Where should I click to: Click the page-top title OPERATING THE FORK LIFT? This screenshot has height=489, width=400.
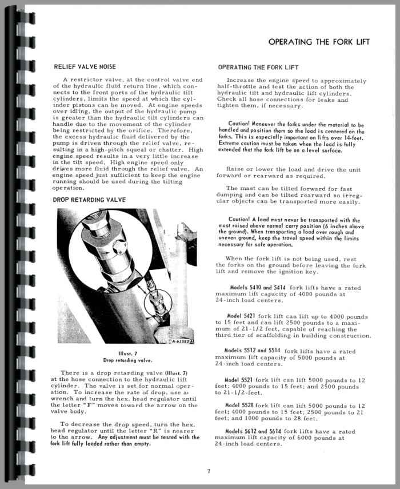pos(319,42)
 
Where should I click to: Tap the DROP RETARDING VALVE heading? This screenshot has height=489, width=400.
pos(89,200)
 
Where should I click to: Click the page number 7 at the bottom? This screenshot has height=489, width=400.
pos(209,471)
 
